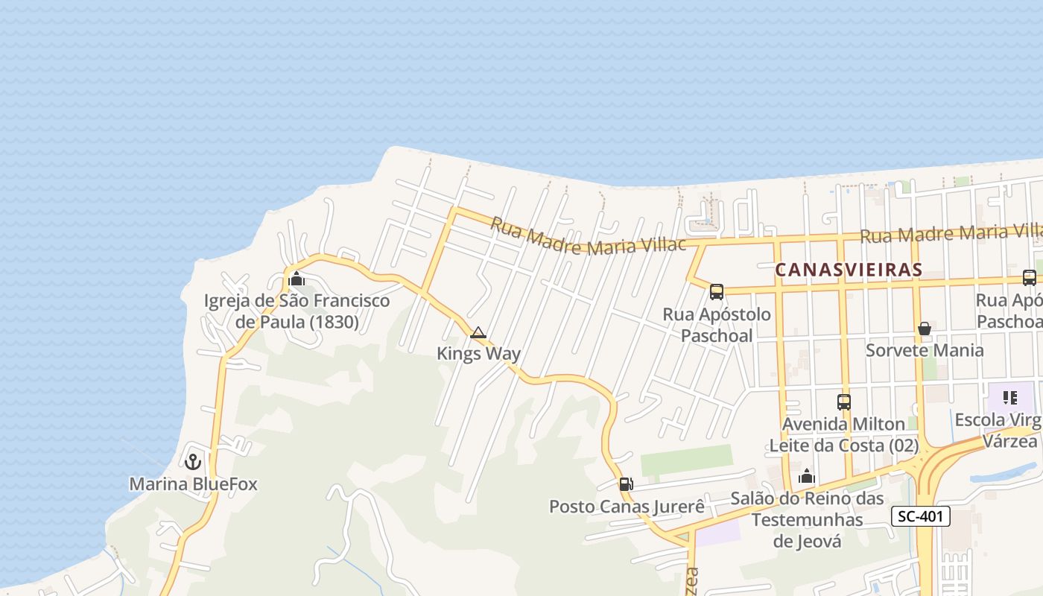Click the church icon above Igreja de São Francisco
pos(297,280)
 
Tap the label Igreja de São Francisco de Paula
pos(297,311)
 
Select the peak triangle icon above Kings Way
pos(478,333)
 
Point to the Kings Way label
pos(478,353)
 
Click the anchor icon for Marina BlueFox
pos(193,462)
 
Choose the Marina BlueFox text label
pos(193,484)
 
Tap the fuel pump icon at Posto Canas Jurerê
pos(627,484)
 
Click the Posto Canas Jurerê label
pos(627,507)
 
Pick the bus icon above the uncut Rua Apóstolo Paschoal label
pos(717,292)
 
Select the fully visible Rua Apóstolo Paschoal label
pos(717,325)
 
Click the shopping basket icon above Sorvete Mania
pos(925,329)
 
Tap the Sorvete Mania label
pos(925,350)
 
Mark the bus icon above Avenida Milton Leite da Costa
pos(844,402)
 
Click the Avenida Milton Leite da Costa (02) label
pos(844,434)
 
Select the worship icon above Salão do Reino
pos(807,476)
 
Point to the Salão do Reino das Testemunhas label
pos(807,519)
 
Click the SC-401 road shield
pos(921,516)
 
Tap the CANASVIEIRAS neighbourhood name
pos(849,270)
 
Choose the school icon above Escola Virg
pos(1009,398)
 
